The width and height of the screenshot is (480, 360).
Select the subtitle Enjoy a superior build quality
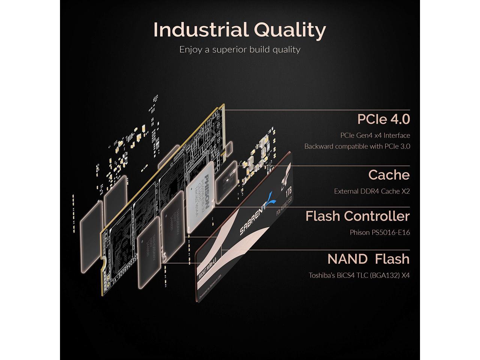pos(240,49)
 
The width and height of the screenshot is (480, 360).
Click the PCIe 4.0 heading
pos(383,119)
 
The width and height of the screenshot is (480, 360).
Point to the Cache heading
pos(389,175)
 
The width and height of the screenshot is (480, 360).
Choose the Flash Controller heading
pos(357,216)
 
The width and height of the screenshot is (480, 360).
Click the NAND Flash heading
pos(368,259)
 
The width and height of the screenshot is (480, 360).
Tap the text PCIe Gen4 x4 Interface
pos(375,135)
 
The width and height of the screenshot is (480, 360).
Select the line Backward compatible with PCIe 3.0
pos(357,146)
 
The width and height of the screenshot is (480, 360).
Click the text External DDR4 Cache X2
pos(372,191)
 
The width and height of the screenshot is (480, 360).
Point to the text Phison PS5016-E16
pos(379,232)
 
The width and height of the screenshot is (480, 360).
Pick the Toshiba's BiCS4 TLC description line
pos(359,275)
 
